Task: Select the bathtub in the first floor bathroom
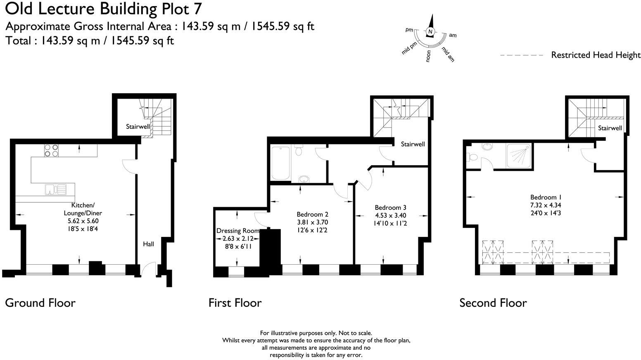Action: pos(280,162)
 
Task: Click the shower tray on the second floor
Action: pos(519,156)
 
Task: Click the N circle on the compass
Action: pos(430,32)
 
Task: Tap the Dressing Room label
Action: pos(237,231)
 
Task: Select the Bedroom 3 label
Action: pos(390,207)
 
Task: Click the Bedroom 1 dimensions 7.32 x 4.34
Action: pos(546,205)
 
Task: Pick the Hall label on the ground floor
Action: pos(148,244)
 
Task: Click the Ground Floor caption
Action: pos(40,303)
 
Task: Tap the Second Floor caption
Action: pos(493,303)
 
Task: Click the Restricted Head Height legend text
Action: pos(596,55)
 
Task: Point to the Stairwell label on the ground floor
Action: pos(138,127)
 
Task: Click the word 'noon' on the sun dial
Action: pos(428,56)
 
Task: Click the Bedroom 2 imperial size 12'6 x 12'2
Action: pos(312,230)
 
